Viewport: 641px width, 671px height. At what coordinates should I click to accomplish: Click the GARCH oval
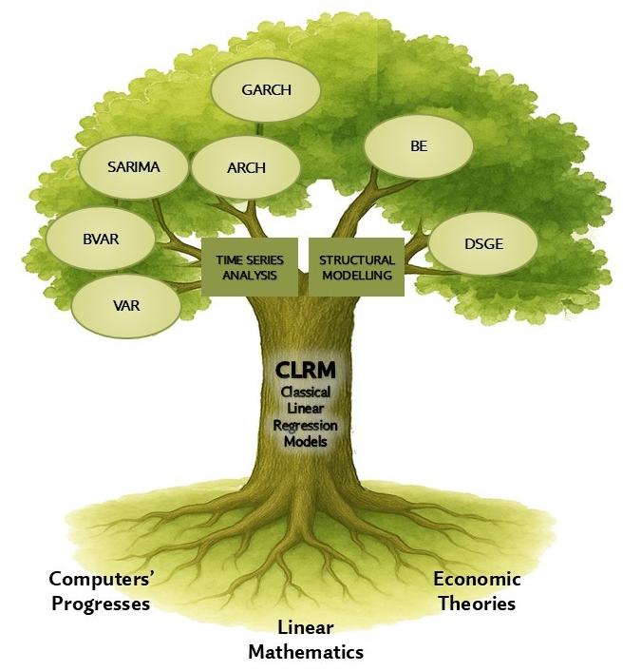click(x=266, y=91)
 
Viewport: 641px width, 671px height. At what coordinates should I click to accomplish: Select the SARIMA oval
click(x=133, y=167)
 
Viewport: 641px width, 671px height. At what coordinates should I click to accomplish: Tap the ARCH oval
click(x=246, y=168)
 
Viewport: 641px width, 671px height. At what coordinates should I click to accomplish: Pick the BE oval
click(x=419, y=147)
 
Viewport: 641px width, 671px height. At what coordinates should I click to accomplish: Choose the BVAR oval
click(x=100, y=239)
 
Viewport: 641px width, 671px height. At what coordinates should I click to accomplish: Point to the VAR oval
click(x=125, y=306)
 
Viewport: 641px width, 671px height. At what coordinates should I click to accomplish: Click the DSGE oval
click(x=483, y=244)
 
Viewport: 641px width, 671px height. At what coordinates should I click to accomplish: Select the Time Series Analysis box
click(x=249, y=266)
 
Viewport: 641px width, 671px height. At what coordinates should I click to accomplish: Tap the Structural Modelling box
click(x=356, y=266)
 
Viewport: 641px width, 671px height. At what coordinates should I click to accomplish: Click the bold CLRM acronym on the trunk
click(x=305, y=370)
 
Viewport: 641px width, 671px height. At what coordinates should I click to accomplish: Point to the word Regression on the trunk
click(x=305, y=426)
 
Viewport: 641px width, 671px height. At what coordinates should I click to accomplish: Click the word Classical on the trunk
click(x=305, y=392)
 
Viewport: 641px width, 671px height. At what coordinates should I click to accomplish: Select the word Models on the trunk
click(x=305, y=443)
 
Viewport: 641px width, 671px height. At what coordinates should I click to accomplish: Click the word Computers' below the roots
click(x=100, y=579)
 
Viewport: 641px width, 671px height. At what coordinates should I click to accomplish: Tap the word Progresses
click(x=100, y=604)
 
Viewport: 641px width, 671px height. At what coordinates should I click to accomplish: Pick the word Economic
click(x=477, y=579)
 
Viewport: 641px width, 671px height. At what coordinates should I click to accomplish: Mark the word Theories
click(x=477, y=603)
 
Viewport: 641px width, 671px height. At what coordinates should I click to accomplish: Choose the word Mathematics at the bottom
click(x=306, y=652)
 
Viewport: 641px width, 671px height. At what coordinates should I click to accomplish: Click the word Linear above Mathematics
click(x=306, y=628)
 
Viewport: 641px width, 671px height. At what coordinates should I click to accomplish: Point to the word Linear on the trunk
click(x=305, y=409)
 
